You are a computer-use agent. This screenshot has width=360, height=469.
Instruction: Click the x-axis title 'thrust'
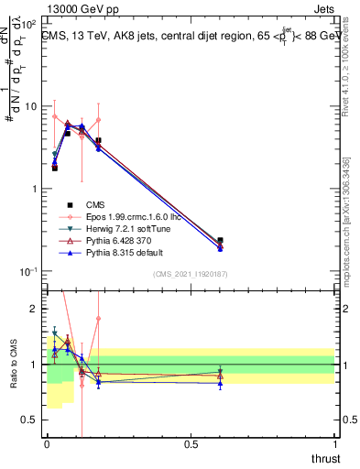[x=324, y=458]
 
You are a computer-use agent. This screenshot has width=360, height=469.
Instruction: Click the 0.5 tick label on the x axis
[x=191, y=443]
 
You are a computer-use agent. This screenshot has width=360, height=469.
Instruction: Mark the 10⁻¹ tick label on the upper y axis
[x=29, y=272]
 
